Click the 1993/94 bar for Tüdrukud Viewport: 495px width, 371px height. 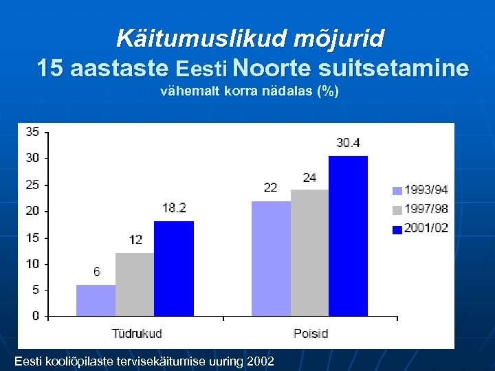click(x=96, y=300)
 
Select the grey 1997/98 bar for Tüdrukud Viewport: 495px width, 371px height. click(x=135, y=284)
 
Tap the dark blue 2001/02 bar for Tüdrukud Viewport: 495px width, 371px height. click(x=174, y=269)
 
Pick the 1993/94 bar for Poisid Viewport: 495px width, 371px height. click(x=271, y=258)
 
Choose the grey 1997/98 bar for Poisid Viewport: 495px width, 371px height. click(x=310, y=253)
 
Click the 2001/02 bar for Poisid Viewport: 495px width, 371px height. click(x=348, y=236)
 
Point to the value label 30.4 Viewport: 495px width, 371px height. click(x=348, y=144)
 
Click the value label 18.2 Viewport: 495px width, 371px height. click(x=173, y=207)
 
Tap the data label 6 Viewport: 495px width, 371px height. click(x=96, y=272)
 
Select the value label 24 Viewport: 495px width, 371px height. click(x=309, y=177)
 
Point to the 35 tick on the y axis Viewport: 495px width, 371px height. click(x=32, y=131)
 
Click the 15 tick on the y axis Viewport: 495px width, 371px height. click(x=32, y=238)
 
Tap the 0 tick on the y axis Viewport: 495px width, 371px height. click(x=36, y=316)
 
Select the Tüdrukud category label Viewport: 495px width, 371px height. click(x=137, y=333)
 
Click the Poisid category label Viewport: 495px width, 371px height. click(x=311, y=333)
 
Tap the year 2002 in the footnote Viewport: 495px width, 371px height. click(x=259, y=361)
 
